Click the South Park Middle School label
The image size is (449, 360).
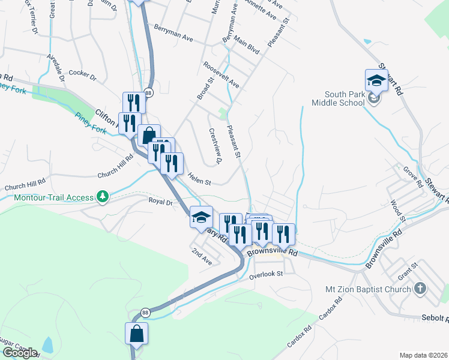(x=346, y=98)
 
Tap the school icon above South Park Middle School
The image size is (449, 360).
(x=376, y=80)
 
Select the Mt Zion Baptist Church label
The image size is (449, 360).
(x=368, y=289)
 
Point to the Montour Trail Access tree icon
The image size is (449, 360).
(x=103, y=196)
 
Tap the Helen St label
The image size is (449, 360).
(x=199, y=178)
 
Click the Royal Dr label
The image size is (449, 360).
(x=160, y=202)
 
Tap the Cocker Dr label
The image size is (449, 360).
(x=82, y=76)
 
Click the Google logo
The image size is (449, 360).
(x=19, y=353)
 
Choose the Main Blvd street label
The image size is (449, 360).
(x=246, y=46)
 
